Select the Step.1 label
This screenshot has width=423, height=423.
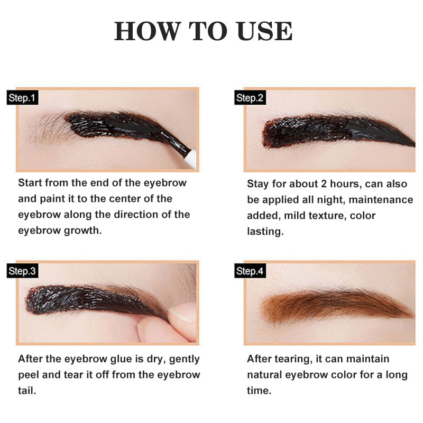pyautogui.click(x=22, y=98)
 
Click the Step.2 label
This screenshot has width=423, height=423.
pyautogui.click(x=250, y=98)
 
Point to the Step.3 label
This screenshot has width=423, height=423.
pyautogui.click(x=22, y=271)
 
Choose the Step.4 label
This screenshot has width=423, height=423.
pyautogui.click(x=250, y=271)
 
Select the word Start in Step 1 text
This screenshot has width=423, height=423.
pyautogui.click(x=30, y=183)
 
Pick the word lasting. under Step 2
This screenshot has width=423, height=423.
pyautogui.click(x=265, y=231)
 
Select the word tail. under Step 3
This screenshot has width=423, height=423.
pyautogui.click(x=27, y=390)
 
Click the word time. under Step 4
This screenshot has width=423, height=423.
pyautogui.click(x=259, y=390)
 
